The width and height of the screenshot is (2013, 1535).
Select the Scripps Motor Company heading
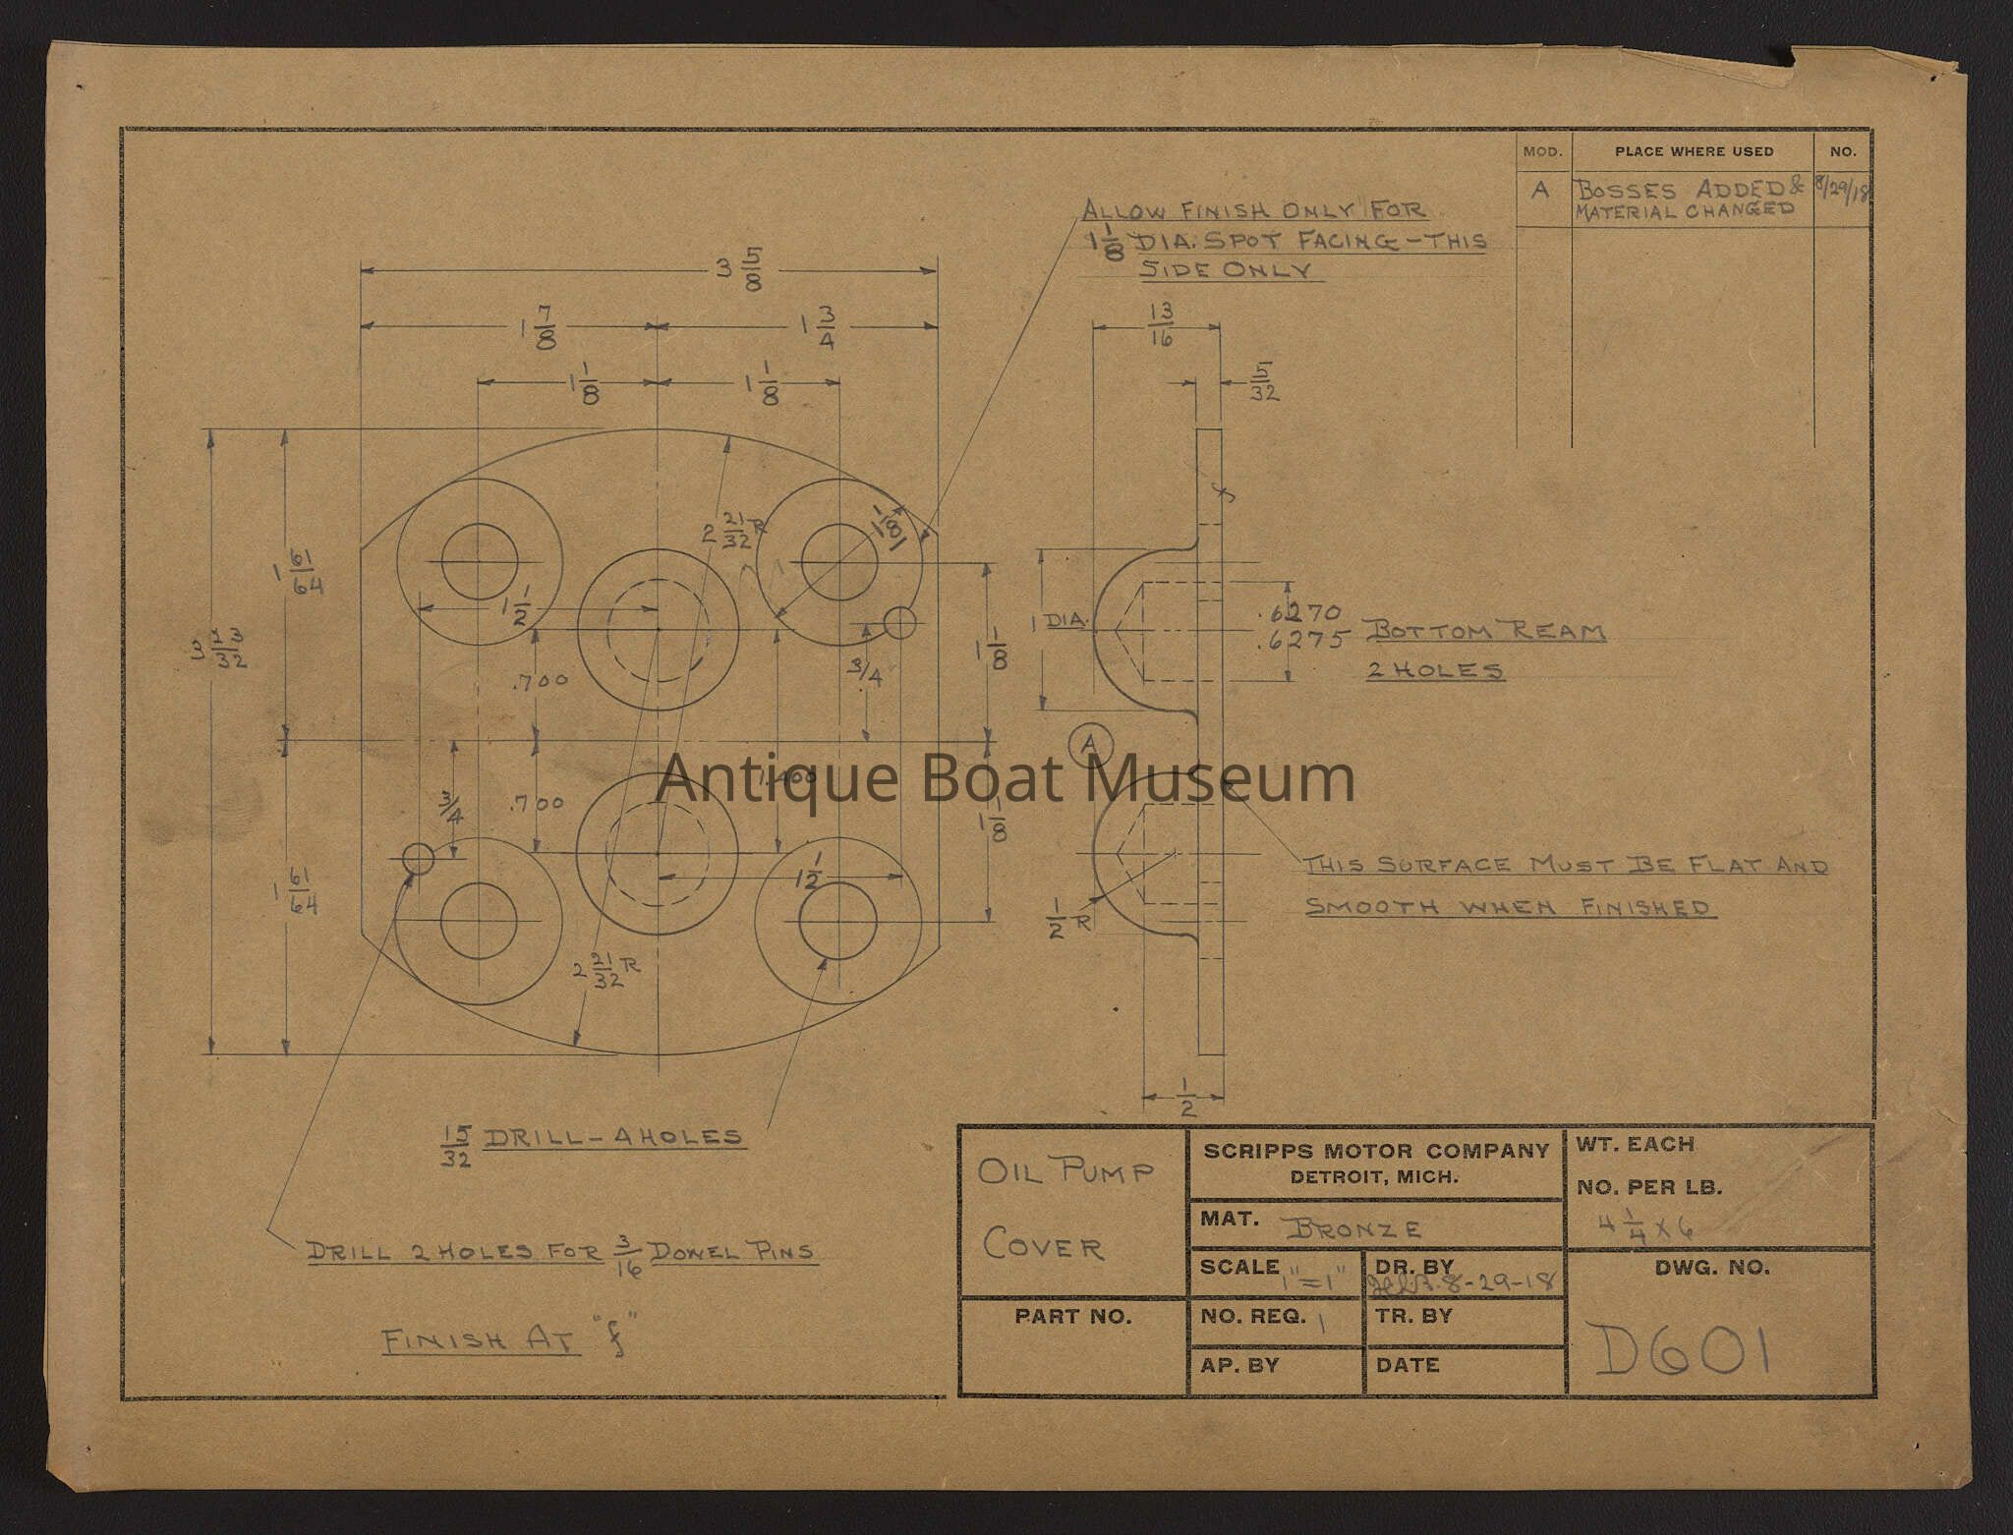(1374, 1151)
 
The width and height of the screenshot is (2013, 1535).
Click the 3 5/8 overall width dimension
(738, 268)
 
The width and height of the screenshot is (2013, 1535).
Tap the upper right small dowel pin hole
(898, 622)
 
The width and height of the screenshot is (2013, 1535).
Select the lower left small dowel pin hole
(418, 858)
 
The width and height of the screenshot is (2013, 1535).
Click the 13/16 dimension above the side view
(1161, 324)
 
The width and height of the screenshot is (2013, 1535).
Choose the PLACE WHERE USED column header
(1694, 151)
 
